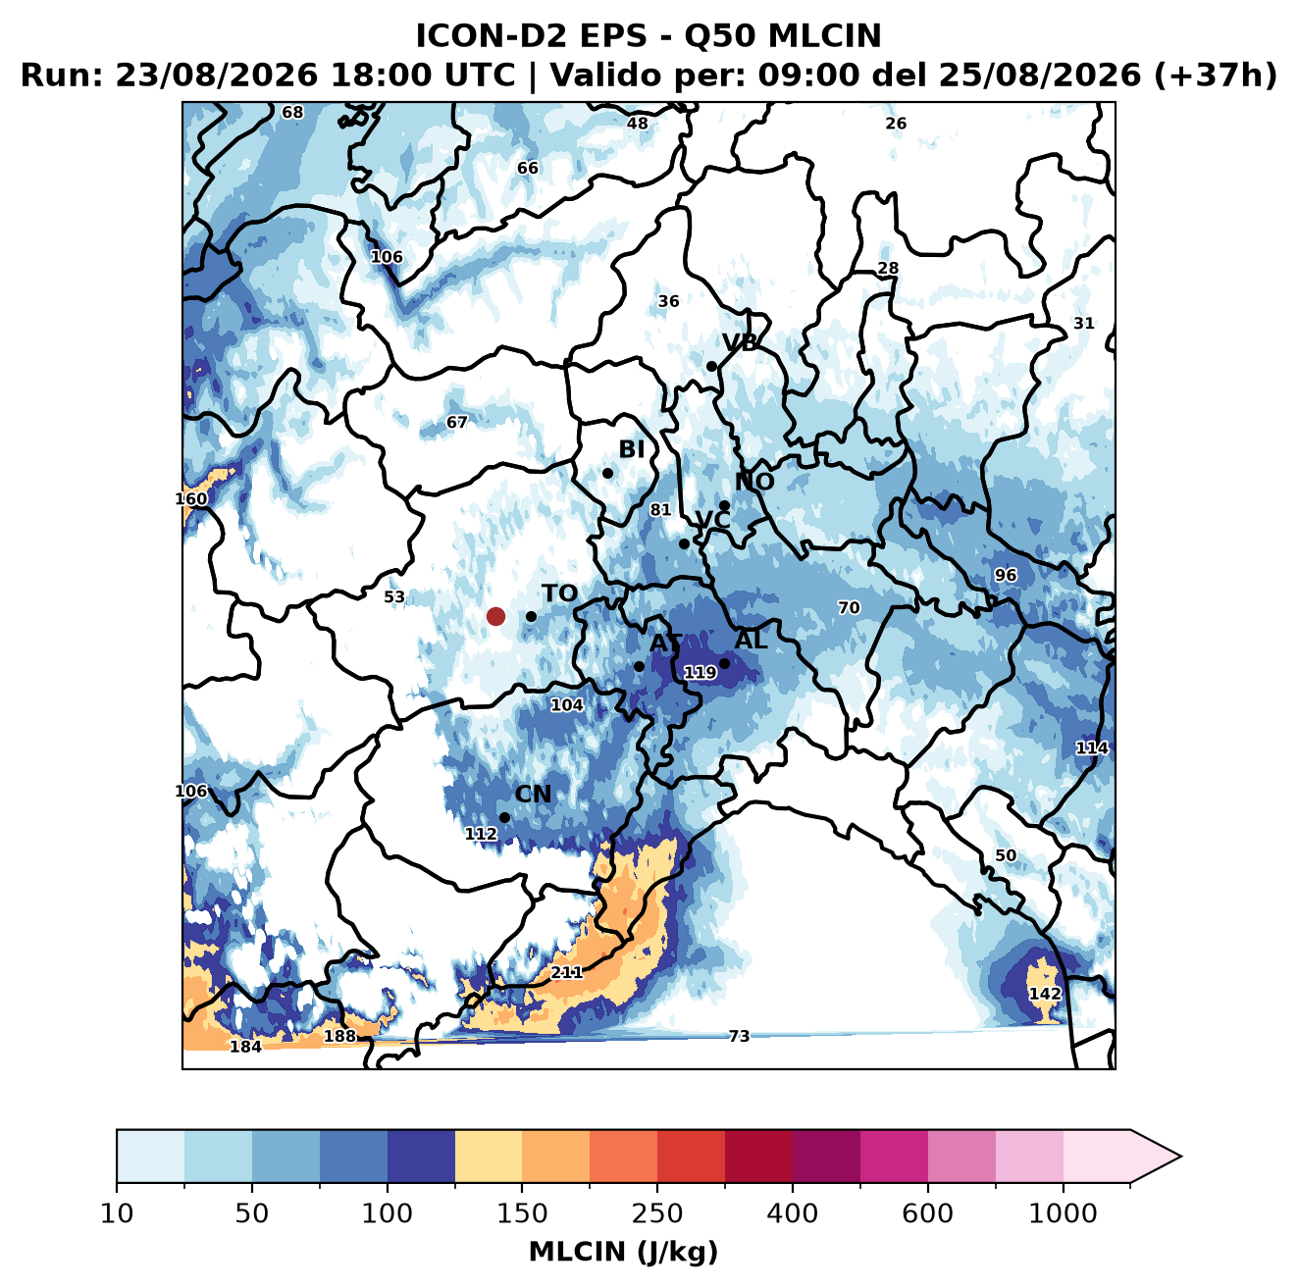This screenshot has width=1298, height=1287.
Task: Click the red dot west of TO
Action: pyautogui.click(x=495, y=616)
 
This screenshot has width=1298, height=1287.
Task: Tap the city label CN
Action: pyautogui.click(x=532, y=794)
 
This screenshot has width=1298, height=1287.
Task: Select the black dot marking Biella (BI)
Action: pyautogui.click(x=607, y=473)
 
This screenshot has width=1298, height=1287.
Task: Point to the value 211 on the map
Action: pyautogui.click(x=566, y=972)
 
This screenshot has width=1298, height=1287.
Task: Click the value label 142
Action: pyautogui.click(x=1045, y=994)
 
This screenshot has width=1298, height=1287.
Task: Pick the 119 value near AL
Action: pyautogui.click(x=700, y=672)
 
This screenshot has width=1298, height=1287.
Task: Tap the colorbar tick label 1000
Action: pyautogui.click(x=1063, y=1214)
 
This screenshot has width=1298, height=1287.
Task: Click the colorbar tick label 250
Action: pyautogui.click(x=656, y=1214)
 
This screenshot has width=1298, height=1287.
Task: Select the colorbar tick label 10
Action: pyautogui.click(x=117, y=1214)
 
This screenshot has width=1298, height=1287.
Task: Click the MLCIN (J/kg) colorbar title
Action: pyautogui.click(x=623, y=1252)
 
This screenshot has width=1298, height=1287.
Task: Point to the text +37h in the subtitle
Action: pyautogui.click(x=1216, y=76)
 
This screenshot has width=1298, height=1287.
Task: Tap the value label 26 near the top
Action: pyautogui.click(x=895, y=124)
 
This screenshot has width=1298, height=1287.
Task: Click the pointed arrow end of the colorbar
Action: pyautogui.click(x=1180, y=1157)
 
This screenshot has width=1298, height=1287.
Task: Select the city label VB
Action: pyautogui.click(x=740, y=342)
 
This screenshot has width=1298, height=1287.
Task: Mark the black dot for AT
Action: pyautogui.click(x=639, y=666)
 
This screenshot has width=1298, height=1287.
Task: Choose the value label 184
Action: pyautogui.click(x=246, y=1047)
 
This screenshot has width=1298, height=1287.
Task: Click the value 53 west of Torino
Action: pyautogui.click(x=394, y=596)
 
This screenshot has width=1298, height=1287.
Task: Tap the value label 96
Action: pyautogui.click(x=1005, y=575)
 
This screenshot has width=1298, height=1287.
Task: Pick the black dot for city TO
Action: pyautogui.click(x=531, y=616)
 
